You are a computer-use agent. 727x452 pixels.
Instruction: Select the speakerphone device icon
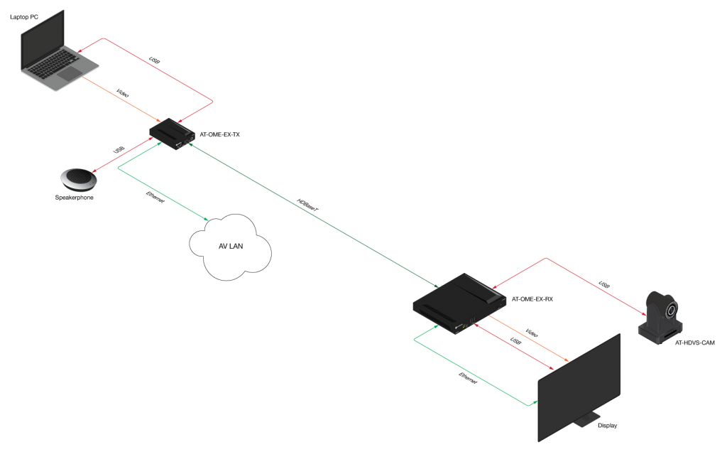click(x=80, y=178)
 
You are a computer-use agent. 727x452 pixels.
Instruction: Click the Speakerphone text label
click(x=74, y=198)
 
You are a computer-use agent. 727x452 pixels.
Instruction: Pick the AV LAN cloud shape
click(x=229, y=245)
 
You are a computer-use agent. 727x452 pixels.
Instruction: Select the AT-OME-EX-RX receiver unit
click(x=460, y=302)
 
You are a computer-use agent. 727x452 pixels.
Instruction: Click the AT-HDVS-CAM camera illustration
click(x=662, y=316)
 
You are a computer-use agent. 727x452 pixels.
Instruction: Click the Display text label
click(x=607, y=426)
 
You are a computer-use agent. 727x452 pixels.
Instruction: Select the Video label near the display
click(x=532, y=333)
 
